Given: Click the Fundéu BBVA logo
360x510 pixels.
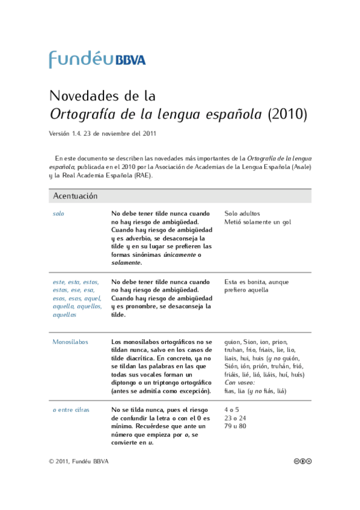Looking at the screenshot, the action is [x=97, y=59].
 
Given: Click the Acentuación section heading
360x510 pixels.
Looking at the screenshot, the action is [x=75, y=196].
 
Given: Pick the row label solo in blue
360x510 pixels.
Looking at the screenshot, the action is [x=58, y=214].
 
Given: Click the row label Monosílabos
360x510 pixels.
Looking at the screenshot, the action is [x=70, y=342].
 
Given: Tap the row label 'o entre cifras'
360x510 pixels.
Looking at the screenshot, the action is [x=71, y=410].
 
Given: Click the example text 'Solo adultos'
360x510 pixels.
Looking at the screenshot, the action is [x=242, y=214].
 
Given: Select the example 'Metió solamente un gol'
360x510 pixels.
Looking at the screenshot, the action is [x=257, y=222].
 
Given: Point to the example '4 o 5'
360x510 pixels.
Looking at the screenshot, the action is [x=231, y=410].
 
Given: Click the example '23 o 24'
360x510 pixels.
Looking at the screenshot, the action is [x=235, y=418].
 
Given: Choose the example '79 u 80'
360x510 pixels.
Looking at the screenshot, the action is [x=235, y=426].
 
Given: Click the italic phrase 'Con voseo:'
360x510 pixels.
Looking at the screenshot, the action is [x=240, y=383].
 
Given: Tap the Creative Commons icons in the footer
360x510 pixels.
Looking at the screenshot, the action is [x=303, y=461].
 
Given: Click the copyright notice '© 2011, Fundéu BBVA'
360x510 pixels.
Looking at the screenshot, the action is [x=79, y=461].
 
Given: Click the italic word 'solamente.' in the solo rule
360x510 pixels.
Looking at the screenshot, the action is [x=127, y=263].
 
